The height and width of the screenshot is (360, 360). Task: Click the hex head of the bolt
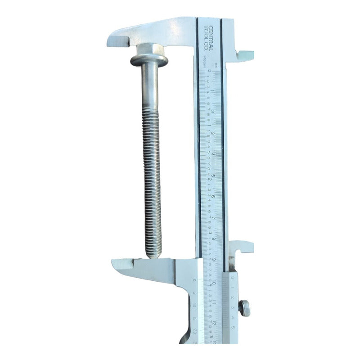(149, 49)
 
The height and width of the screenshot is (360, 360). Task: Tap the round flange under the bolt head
(149, 60)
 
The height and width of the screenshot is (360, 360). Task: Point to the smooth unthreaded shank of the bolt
(149, 85)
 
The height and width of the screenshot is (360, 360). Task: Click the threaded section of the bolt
(151, 180)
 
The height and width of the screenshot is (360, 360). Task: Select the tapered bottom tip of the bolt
(153, 253)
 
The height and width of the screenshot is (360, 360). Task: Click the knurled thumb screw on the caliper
(245, 308)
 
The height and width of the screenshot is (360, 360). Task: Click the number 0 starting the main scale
(209, 71)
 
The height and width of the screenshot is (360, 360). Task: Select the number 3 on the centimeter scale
(212, 134)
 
